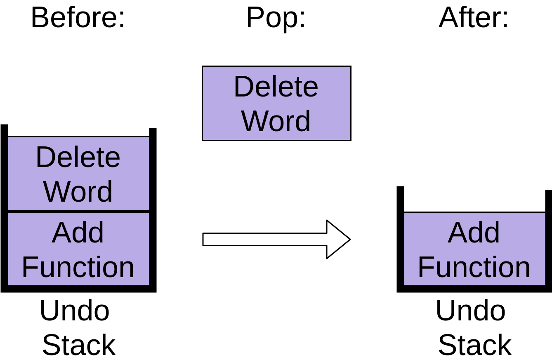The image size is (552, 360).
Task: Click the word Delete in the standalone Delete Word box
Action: click(x=276, y=87)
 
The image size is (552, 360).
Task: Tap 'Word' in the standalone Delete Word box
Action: click(x=276, y=121)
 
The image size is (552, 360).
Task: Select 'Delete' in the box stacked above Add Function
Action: click(x=78, y=157)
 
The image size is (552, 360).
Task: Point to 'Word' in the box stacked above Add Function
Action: click(x=78, y=192)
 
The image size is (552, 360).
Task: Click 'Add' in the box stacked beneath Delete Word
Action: click(x=78, y=233)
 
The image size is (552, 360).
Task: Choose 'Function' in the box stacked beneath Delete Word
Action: click(x=78, y=267)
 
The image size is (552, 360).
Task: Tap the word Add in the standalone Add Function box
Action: click(x=474, y=233)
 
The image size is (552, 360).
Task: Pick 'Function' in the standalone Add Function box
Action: click(x=474, y=267)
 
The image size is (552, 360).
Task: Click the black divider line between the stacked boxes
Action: click(x=78, y=212)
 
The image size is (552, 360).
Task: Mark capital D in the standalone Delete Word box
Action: click(x=243, y=87)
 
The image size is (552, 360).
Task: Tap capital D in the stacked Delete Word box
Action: click(x=45, y=157)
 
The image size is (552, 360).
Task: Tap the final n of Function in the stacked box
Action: click(x=125, y=268)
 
